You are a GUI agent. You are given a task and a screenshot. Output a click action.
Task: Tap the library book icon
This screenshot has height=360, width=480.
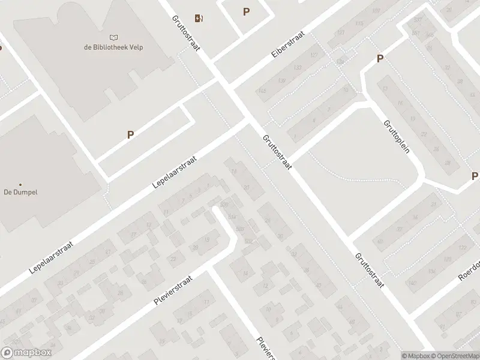pos(114,37)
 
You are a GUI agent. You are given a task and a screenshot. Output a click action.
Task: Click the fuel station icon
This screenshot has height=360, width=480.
pos(199,17)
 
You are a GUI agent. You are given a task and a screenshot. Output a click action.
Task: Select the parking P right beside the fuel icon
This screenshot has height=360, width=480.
pos(246,11)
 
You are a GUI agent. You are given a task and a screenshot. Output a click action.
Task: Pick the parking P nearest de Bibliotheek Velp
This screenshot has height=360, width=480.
pos(130,135)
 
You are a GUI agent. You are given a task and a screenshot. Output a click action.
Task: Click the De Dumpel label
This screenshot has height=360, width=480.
pos(21,193)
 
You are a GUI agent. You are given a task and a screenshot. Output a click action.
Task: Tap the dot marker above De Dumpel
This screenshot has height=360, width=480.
pos(20,184)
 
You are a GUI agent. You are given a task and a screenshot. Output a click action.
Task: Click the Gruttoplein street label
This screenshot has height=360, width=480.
pos(396,136)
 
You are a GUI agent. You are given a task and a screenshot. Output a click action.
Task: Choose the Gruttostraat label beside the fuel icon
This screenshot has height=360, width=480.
pos(185,33)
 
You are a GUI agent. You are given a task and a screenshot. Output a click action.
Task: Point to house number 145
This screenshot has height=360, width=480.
pos(262,91)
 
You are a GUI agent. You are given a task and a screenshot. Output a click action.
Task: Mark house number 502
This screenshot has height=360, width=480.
pos(248,241)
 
